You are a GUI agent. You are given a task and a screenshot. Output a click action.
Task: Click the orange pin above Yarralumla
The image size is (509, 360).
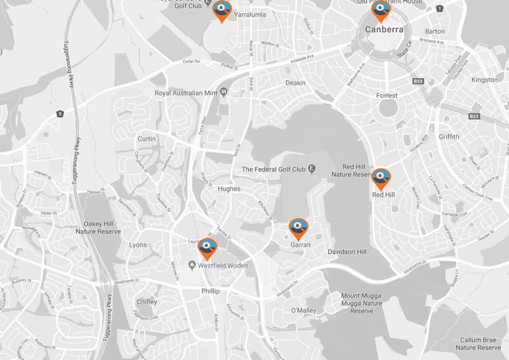click(221, 11)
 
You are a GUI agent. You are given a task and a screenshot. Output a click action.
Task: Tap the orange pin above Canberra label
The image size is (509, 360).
click(380, 10)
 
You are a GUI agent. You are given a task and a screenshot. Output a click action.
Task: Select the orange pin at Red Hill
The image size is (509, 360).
click(381, 179)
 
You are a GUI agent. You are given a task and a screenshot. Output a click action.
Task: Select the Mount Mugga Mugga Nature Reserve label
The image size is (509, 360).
click(361, 303)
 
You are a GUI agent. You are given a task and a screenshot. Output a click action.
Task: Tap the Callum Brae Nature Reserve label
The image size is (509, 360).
click(478, 344)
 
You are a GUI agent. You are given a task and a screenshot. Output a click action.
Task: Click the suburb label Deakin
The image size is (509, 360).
click(295, 83)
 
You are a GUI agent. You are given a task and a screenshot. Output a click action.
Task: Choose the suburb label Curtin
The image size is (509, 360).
click(147, 139)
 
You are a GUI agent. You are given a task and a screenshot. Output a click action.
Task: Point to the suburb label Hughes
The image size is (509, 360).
click(229, 189)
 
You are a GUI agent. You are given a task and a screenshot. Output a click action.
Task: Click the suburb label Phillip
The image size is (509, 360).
click(210, 291)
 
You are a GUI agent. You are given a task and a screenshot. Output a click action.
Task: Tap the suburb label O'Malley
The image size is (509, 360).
click(303, 310)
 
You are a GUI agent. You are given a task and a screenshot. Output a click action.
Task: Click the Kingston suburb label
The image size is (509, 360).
click(485, 80)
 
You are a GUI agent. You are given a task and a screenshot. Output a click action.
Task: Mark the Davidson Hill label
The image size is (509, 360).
click(347, 252)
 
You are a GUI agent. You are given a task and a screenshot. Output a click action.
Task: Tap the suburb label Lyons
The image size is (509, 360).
click(137, 245)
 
